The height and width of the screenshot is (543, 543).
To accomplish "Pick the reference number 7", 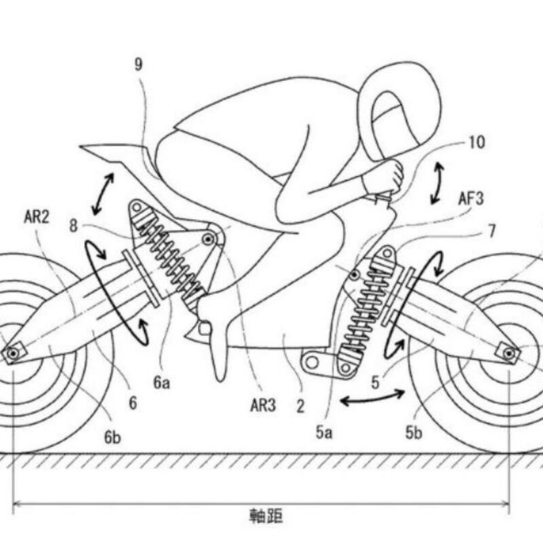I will tap(491, 231).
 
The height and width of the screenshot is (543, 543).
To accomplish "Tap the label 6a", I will tap(162, 382).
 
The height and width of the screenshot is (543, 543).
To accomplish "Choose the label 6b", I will tap(113, 437).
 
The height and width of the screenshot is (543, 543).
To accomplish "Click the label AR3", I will tap(261, 407).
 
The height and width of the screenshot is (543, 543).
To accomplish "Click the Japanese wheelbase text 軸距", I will tap(262, 516).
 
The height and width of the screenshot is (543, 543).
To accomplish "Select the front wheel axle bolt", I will tap(508, 352).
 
